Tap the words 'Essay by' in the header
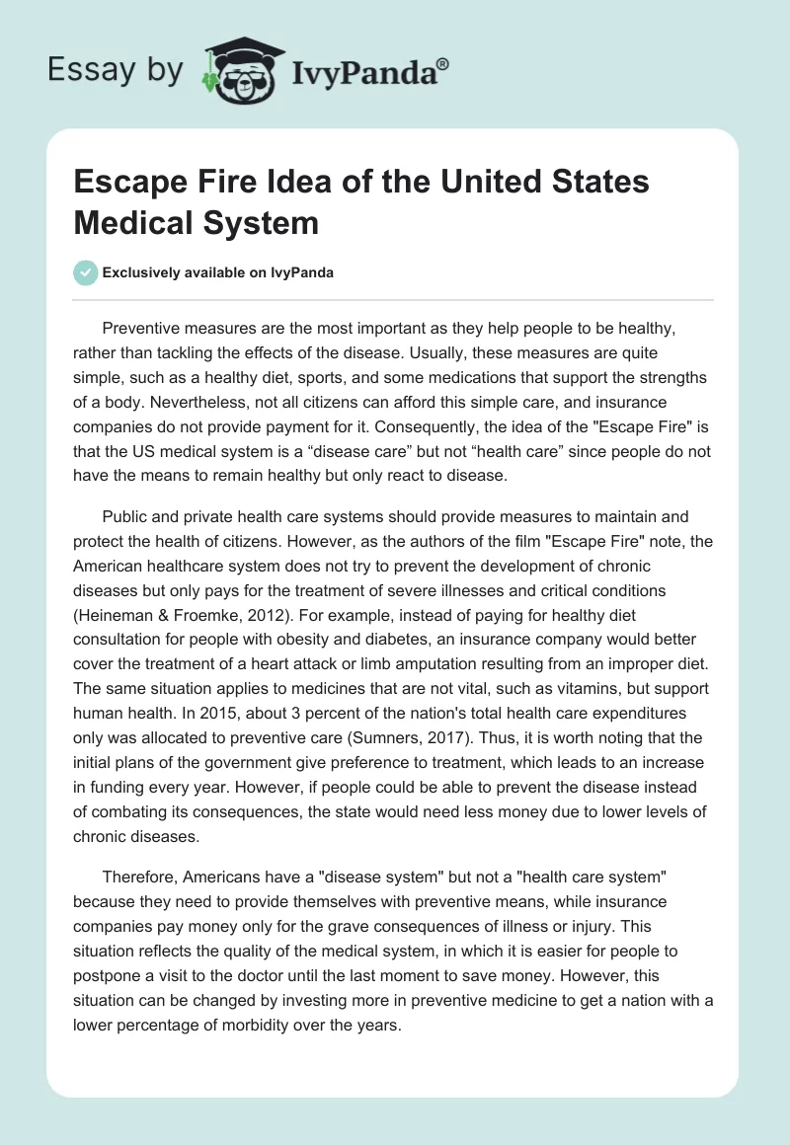pyautogui.click(x=117, y=70)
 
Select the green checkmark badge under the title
pyautogui.click(x=86, y=272)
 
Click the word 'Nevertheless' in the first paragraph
pyautogui.click(x=155, y=402)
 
